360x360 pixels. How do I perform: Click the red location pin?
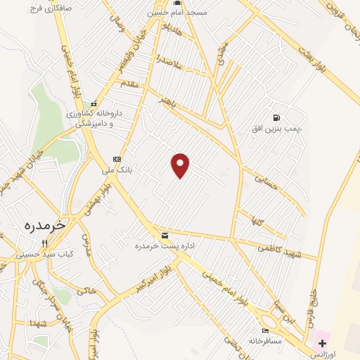coord(181,165)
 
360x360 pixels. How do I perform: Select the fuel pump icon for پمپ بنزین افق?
coord(277,117)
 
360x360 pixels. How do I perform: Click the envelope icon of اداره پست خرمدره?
coord(165,235)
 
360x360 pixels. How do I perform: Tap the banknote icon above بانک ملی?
coord(117,159)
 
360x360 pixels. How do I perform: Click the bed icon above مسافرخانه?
coord(265,330)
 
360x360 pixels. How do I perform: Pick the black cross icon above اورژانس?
coord(323,343)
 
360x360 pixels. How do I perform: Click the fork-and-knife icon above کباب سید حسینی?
coord(45,243)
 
